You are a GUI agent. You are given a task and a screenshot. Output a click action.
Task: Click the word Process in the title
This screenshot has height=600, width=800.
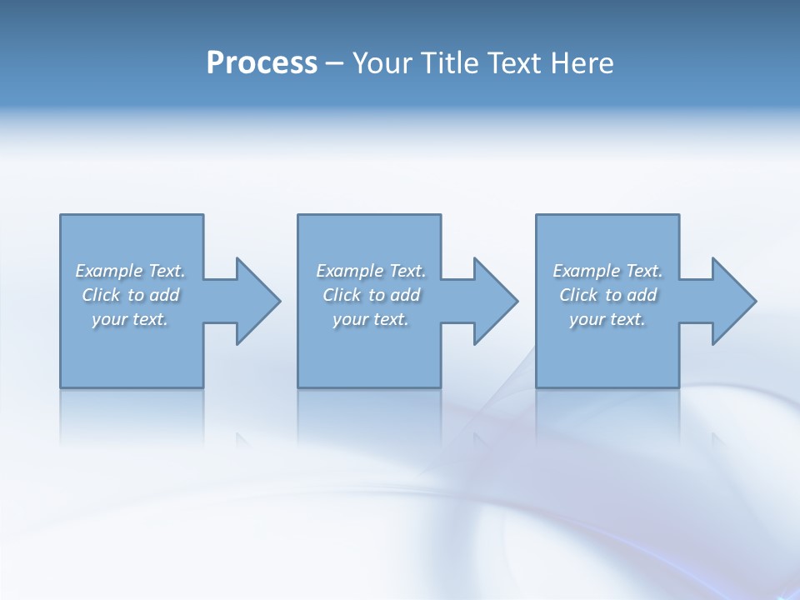pyautogui.click(x=262, y=63)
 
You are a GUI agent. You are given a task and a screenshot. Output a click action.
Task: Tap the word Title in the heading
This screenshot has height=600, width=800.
pyautogui.click(x=447, y=63)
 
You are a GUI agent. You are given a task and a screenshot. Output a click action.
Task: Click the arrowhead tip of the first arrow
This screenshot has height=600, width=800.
pyautogui.click(x=279, y=301)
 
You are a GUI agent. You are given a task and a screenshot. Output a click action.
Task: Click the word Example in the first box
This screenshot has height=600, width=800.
pyautogui.click(x=108, y=271)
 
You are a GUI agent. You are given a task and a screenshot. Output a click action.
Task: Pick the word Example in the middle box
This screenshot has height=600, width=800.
pyautogui.click(x=349, y=271)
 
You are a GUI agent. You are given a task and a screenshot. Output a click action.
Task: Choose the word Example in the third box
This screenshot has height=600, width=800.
pyautogui.click(x=586, y=271)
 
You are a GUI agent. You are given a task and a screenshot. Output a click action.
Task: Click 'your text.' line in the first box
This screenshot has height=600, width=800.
pyautogui.click(x=129, y=319)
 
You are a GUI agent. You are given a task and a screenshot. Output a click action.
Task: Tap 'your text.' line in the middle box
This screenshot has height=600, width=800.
pyautogui.click(x=370, y=319)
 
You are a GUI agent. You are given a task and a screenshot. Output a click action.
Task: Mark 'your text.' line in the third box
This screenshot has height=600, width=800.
pyautogui.click(x=607, y=319)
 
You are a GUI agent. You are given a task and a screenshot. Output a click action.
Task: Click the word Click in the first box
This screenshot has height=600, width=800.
pyautogui.click(x=101, y=295)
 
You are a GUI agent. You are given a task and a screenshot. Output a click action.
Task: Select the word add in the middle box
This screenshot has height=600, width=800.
pyautogui.click(x=405, y=295)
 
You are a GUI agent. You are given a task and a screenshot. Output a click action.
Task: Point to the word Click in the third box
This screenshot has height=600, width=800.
pyautogui.click(x=578, y=295)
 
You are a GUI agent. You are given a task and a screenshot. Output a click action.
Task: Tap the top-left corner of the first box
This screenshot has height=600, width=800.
pyautogui.click(x=61, y=216)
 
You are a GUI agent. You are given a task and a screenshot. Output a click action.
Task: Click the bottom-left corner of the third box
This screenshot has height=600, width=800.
pyautogui.click(x=537, y=387)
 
